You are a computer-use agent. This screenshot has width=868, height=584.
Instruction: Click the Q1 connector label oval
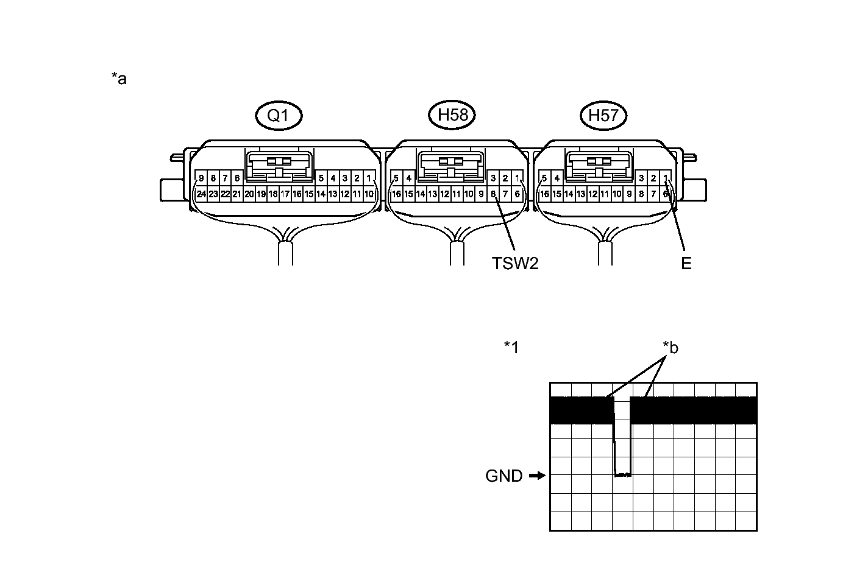click(x=279, y=115)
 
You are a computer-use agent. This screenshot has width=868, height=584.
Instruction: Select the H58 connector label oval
click(x=452, y=114)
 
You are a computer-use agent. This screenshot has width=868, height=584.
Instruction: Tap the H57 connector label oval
click(x=603, y=115)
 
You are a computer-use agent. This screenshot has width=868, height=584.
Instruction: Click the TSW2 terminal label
click(x=515, y=263)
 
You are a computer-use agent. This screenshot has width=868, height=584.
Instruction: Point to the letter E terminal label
click(x=686, y=263)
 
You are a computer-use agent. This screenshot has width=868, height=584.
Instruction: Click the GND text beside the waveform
click(x=504, y=476)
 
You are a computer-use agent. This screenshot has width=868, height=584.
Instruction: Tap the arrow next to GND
click(x=536, y=476)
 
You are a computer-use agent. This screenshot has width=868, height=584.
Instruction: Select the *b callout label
click(x=671, y=348)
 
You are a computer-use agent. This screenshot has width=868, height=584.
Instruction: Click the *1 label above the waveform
click(x=511, y=347)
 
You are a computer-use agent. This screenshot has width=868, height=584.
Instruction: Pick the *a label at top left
click(x=119, y=78)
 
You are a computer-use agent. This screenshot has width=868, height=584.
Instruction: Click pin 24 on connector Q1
click(x=201, y=194)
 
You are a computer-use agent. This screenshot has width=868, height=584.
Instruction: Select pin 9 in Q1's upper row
click(x=201, y=178)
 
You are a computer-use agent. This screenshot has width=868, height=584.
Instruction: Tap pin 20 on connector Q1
click(x=249, y=194)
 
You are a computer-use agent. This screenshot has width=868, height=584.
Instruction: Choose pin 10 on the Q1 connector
click(x=369, y=194)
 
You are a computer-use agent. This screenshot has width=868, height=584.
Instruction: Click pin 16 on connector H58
click(x=396, y=194)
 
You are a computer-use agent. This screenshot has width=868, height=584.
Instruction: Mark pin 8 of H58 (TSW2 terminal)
click(x=493, y=194)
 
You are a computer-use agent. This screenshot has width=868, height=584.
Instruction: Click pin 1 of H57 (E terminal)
click(x=666, y=178)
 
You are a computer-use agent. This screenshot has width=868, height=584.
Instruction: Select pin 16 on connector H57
click(x=544, y=194)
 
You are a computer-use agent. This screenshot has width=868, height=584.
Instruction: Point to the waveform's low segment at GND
click(x=622, y=474)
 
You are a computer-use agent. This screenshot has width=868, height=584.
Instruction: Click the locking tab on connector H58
click(x=452, y=164)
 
